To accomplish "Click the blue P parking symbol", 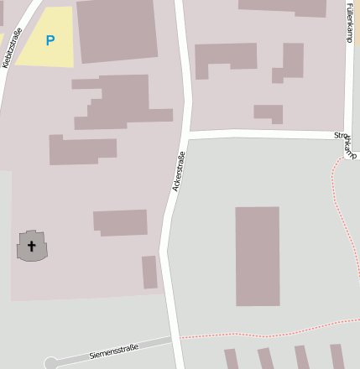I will [x=50, y=40].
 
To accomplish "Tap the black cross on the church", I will [x=32, y=247].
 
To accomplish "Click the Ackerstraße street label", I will [x=178, y=171].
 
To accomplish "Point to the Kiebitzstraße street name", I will [x=12, y=47].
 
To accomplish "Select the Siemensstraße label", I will [x=113, y=351].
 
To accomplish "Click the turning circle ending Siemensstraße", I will [x=50, y=363].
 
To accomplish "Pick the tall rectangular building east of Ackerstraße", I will [x=257, y=256].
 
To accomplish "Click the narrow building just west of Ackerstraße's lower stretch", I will [x=149, y=273].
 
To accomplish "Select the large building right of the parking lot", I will [x=117, y=29].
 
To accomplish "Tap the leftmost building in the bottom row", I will [x=232, y=359].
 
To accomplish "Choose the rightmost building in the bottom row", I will [x=337, y=356].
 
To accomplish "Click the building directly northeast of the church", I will [x=120, y=222].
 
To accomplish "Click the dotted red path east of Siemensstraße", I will [x=252, y=333].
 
